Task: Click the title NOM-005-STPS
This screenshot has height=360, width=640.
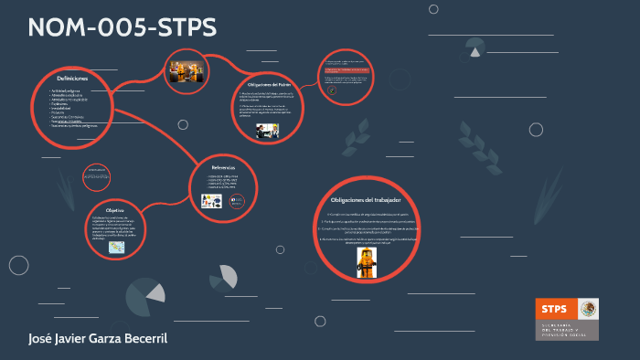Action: pyautogui.click(x=123, y=28)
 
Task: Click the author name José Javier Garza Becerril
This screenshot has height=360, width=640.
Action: pyautogui.click(x=98, y=340)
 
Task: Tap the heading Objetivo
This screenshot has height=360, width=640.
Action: pyautogui.click(x=114, y=209)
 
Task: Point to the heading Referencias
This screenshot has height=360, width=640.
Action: pyautogui.click(x=223, y=168)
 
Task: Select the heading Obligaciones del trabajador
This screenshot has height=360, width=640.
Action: pyautogui.click(x=365, y=199)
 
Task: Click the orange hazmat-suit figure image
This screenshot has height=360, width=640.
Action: pyautogui.click(x=368, y=261)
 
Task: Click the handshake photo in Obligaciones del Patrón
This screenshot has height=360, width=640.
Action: pyautogui.click(x=267, y=131)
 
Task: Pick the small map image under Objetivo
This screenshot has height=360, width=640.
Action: pyautogui.click(x=117, y=247)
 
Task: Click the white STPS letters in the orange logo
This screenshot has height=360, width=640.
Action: pyautogui.click(x=554, y=309)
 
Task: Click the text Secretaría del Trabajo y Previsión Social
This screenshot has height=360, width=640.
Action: pyautogui.click(x=567, y=331)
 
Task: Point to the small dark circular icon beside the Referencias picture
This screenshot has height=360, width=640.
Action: pyautogui.click(x=236, y=201)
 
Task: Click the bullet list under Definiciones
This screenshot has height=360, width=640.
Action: pyautogui.click(x=77, y=108)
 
